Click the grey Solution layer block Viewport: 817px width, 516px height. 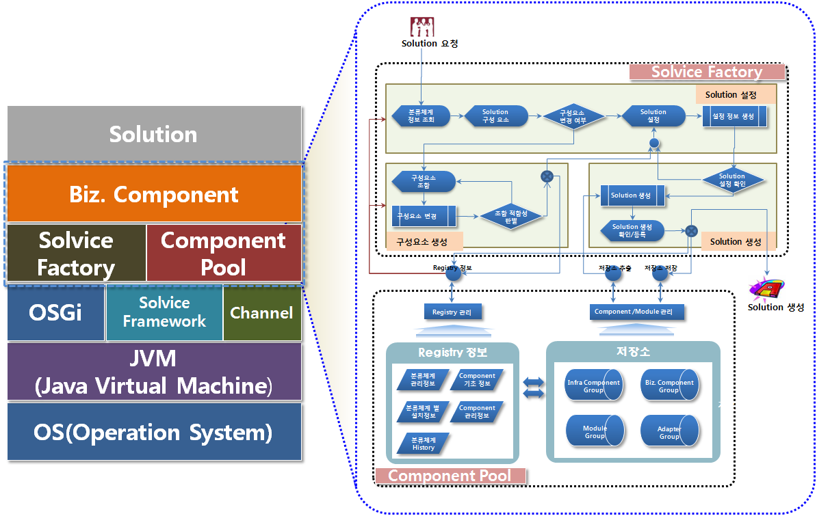154,134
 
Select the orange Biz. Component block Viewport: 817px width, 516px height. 154,194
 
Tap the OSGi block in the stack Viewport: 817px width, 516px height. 55,313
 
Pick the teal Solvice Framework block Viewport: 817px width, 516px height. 164,312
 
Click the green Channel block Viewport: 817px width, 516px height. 261,313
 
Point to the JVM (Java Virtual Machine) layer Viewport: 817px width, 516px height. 154,372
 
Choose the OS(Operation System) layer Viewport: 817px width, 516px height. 154,432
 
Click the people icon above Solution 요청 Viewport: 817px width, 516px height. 422,27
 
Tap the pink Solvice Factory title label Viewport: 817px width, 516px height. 707,72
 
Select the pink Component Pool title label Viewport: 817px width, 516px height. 450,476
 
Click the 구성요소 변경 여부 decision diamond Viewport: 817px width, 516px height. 573,116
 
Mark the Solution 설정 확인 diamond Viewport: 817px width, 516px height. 732,180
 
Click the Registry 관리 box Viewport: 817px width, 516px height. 452,312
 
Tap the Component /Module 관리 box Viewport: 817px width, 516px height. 636,312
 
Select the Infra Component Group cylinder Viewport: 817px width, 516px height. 593,386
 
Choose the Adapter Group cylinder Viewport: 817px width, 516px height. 669,432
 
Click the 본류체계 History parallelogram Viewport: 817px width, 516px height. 423,444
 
